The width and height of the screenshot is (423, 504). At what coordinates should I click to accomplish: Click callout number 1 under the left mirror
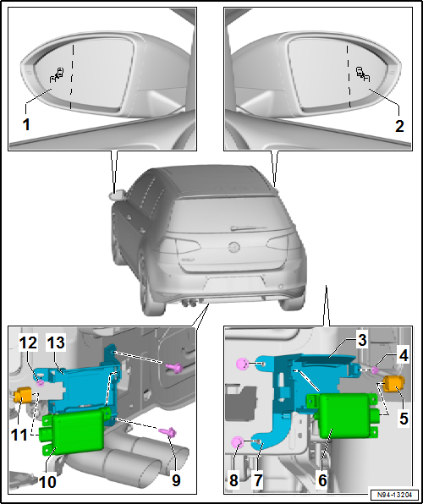26,124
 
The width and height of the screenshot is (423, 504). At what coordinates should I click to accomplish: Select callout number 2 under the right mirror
399,126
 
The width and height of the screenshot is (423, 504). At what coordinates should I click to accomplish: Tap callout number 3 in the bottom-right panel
362,341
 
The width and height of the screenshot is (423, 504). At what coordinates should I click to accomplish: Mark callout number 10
47,482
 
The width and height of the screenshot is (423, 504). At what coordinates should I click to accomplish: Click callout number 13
56,342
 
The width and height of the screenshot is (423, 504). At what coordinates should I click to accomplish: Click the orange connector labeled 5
394,384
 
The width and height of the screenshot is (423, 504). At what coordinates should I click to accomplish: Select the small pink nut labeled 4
375,370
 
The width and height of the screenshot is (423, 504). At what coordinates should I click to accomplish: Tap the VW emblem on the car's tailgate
234,247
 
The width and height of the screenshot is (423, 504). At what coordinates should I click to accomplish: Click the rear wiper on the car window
249,228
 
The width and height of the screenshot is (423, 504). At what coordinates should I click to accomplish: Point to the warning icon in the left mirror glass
57,74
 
